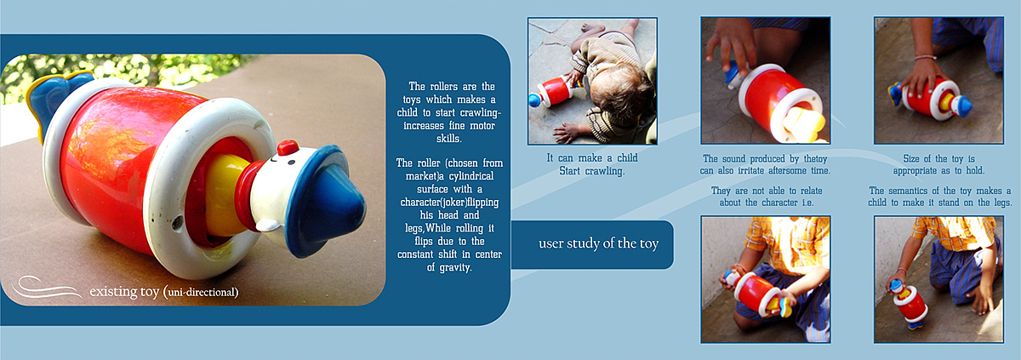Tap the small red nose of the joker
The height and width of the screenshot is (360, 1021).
[x=288, y=147]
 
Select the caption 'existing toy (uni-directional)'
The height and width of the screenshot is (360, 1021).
[x=164, y=292]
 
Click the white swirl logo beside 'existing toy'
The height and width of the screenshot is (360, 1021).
[x=46, y=288]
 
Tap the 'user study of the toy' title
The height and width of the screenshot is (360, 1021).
[x=598, y=243]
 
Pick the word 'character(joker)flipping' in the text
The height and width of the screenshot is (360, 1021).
[x=449, y=202]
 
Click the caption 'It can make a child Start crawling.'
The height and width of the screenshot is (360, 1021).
[x=592, y=164]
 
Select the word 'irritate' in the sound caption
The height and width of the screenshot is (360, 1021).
[x=752, y=171]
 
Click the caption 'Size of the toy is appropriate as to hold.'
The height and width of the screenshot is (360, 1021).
[x=938, y=164]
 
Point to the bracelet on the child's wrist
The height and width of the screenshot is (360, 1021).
[x=926, y=58]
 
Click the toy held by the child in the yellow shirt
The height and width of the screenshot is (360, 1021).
[x=756, y=294]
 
